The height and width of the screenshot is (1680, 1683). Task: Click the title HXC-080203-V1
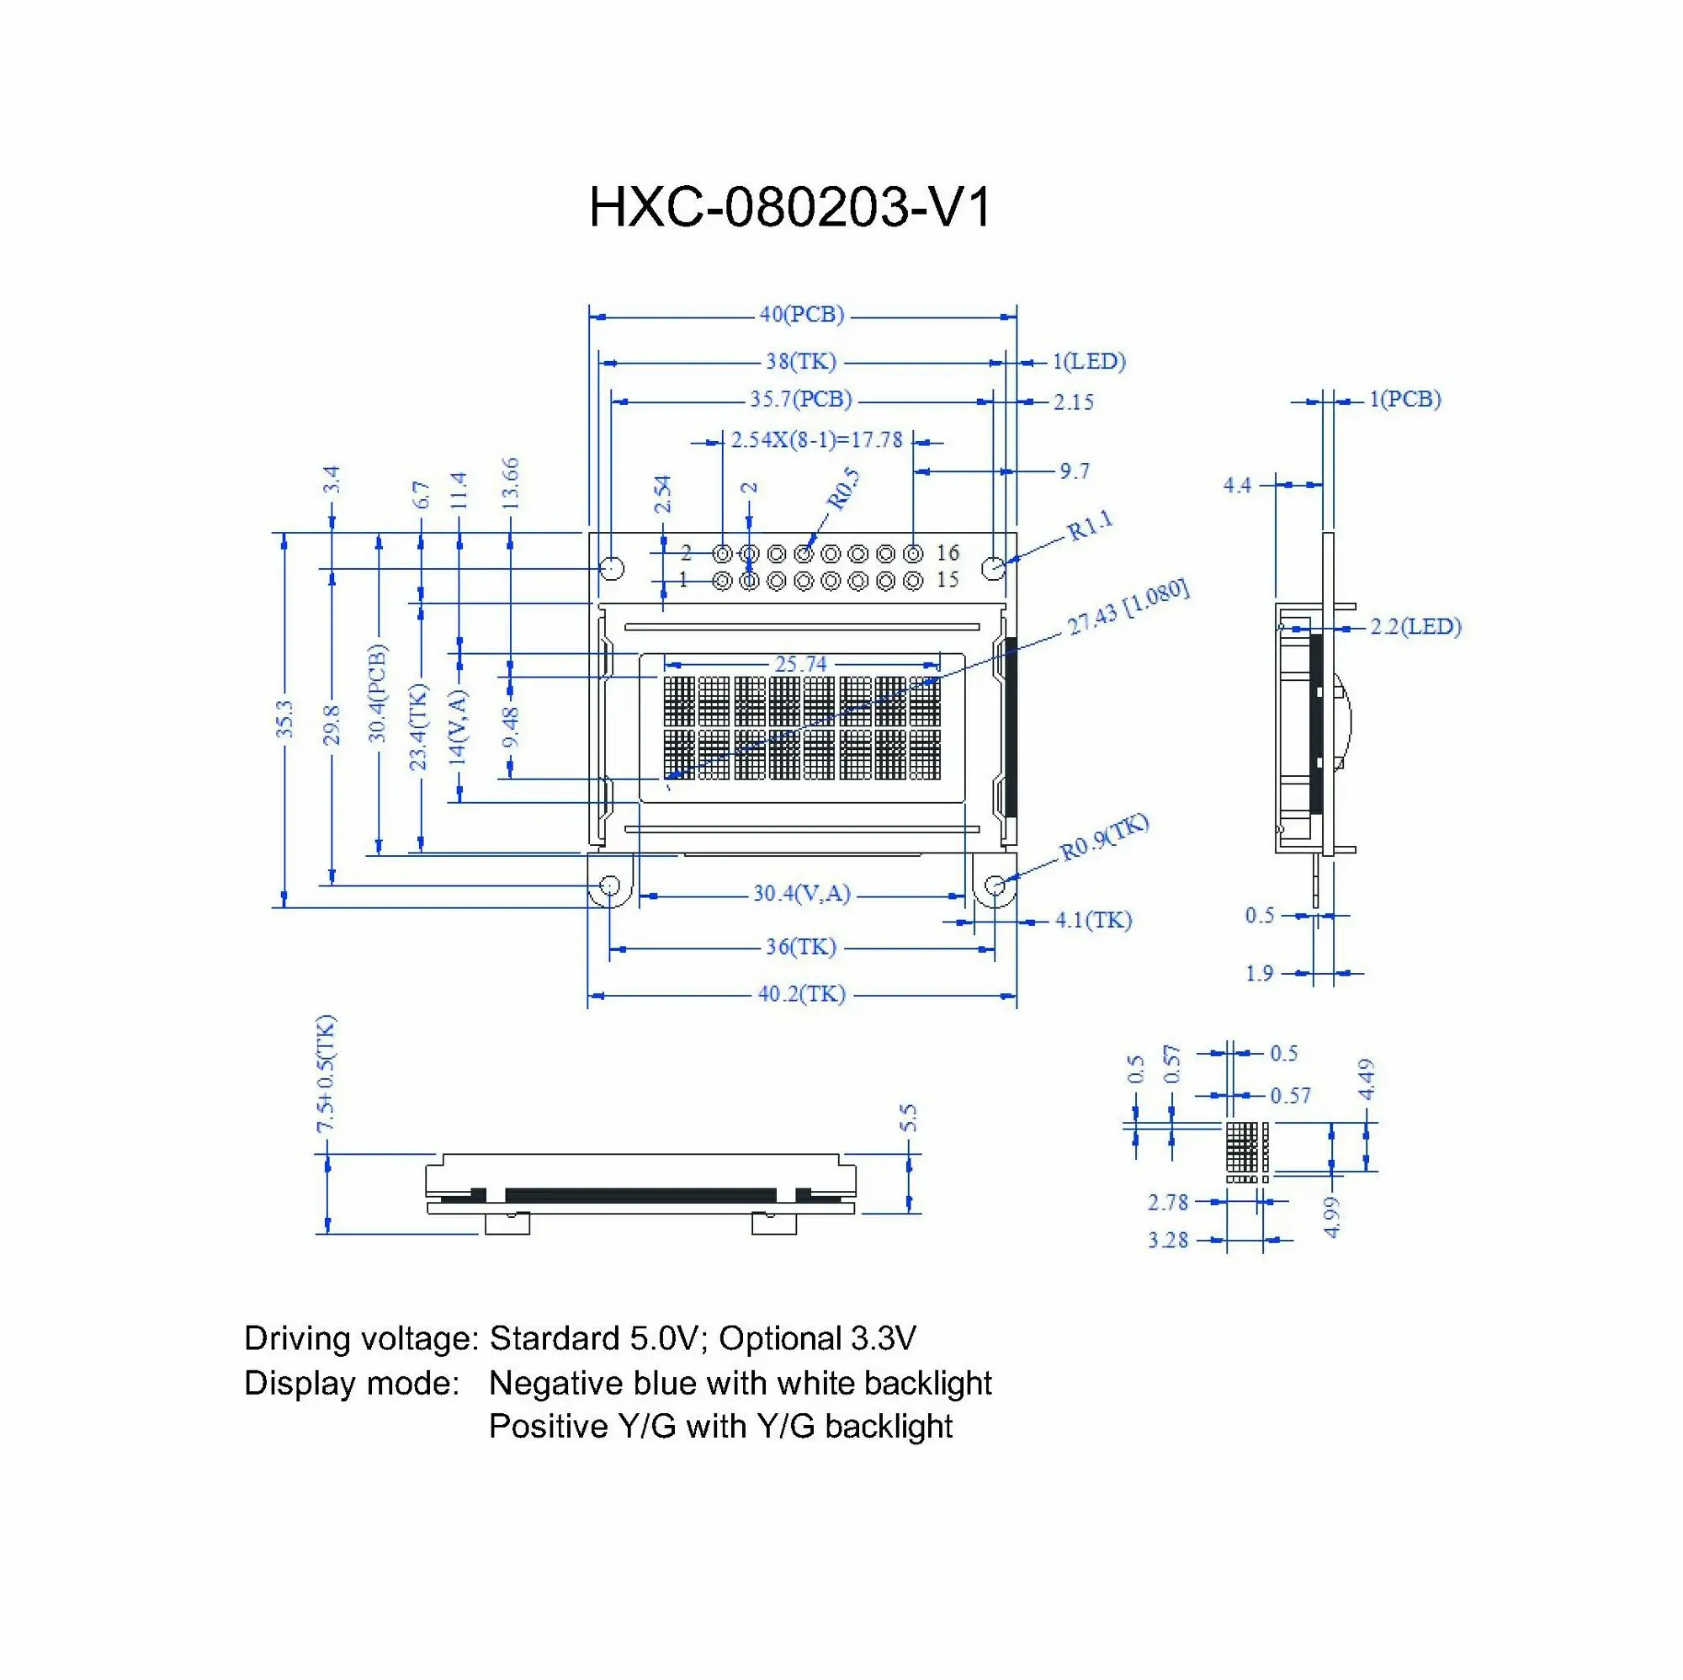[789, 208]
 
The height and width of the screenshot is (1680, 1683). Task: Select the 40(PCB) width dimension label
[801, 315]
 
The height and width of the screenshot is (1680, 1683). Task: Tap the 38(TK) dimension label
[800, 361]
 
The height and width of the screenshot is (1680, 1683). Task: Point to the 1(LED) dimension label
[1089, 361]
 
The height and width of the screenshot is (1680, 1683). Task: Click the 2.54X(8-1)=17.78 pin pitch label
[816, 439]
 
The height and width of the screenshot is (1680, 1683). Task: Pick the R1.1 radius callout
[1091, 525]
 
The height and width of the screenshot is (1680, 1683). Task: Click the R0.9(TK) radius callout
[1104, 838]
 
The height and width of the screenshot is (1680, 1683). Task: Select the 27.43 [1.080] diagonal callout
[1128, 607]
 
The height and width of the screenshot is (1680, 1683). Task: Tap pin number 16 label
[948, 552]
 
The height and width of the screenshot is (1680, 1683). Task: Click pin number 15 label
[948, 579]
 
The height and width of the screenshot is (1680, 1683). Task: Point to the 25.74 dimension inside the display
[800, 664]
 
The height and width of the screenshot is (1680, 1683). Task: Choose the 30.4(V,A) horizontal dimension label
[801, 893]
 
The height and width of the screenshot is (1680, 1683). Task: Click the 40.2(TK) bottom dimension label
[801, 994]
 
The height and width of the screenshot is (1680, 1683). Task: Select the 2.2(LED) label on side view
[1415, 626]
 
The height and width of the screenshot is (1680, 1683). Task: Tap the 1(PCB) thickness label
[1405, 399]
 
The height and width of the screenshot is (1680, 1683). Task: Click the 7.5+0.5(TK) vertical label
[326, 1073]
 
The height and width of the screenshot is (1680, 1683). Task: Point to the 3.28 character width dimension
[1167, 1240]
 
